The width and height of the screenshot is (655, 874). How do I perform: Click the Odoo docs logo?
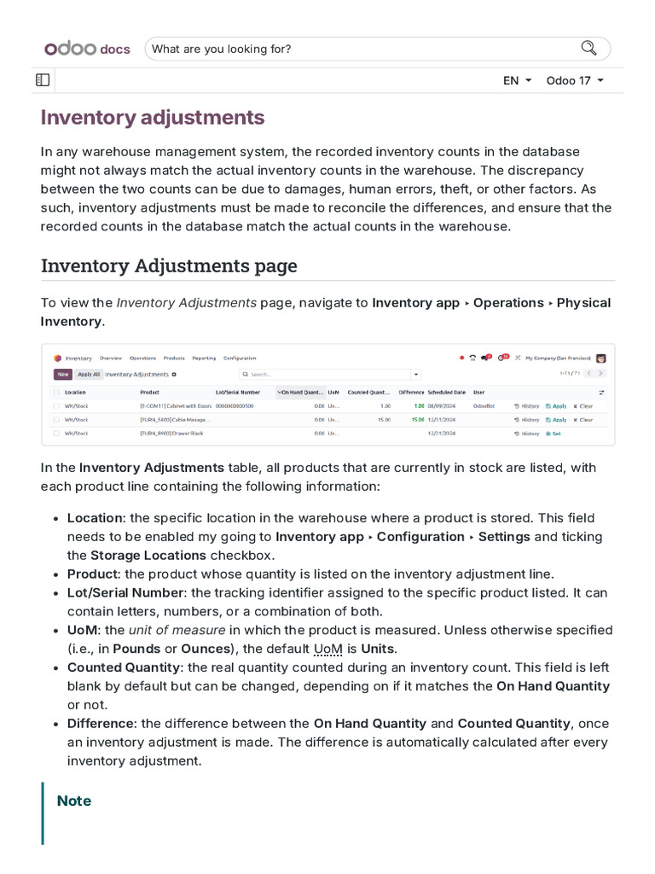pos(87,49)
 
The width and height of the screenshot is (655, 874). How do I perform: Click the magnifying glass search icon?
pos(588,48)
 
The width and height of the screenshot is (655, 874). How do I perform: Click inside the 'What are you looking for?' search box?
pos(358,49)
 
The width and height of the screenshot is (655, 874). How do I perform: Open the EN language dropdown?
pos(517,80)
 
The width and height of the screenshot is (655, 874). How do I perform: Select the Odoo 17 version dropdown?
pos(575,80)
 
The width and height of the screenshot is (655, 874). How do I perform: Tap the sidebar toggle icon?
pos(43,80)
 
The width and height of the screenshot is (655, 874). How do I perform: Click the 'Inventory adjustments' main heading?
pos(153,117)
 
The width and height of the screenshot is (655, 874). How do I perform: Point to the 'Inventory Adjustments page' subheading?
pos(169,265)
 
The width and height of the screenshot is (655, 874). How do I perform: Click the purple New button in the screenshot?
pos(62,374)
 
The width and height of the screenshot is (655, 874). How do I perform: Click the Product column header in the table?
pos(149,392)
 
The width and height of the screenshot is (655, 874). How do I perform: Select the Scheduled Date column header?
pos(446,392)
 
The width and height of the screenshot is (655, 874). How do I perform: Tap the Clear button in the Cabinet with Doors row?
pos(583,406)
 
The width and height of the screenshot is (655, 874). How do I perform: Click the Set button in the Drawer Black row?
pos(554,434)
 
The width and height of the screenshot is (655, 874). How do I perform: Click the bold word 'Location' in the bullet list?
pos(95,518)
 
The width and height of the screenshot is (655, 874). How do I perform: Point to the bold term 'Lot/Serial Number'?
pos(125,592)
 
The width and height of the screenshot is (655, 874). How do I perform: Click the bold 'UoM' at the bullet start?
pos(82,630)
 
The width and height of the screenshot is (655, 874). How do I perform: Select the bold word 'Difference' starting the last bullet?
pos(101,724)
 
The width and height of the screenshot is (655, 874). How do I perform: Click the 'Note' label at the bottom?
pos(73,801)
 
